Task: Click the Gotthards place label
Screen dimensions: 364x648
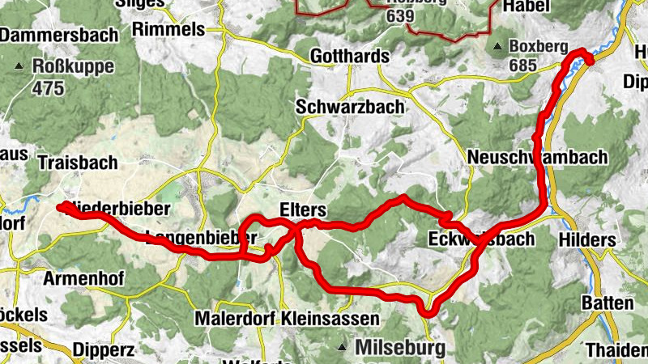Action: [x=349, y=57]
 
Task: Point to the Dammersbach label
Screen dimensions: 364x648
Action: [x=59, y=36]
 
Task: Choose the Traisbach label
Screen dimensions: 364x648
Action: [x=77, y=163]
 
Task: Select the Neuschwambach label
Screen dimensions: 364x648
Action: [x=536, y=157]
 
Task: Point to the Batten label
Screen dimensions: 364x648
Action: [x=607, y=303]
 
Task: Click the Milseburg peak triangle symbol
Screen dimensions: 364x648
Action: [x=343, y=349]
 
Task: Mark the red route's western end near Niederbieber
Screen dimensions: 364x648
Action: [x=59, y=207]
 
